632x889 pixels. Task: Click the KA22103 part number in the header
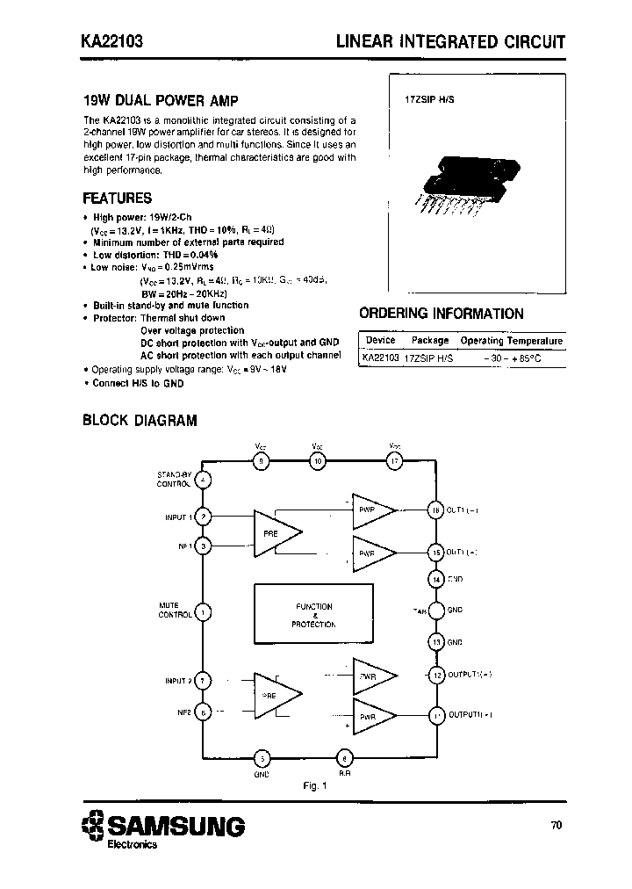click(x=108, y=41)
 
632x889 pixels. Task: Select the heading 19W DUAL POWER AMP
click(x=159, y=100)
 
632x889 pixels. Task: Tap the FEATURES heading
click(x=117, y=199)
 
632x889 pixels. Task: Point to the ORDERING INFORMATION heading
click(x=442, y=314)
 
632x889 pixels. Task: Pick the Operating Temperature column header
click(x=512, y=340)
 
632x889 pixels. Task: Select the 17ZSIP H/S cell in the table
click(x=429, y=358)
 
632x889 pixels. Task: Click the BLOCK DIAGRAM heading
click(x=140, y=420)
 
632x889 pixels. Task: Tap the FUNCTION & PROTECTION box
click(x=313, y=616)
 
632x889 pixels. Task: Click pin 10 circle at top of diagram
click(x=318, y=460)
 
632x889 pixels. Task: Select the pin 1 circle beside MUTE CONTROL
click(x=203, y=612)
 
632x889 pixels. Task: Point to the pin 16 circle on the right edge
click(x=434, y=510)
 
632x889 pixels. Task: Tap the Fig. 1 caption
click(x=315, y=785)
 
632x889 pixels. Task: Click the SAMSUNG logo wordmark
click(x=176, y=826)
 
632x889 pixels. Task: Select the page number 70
click(x=557, y=825)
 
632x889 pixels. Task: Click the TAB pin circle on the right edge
click(x=434, y=610)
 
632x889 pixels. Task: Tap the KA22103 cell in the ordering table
click(x=380, y=358)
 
